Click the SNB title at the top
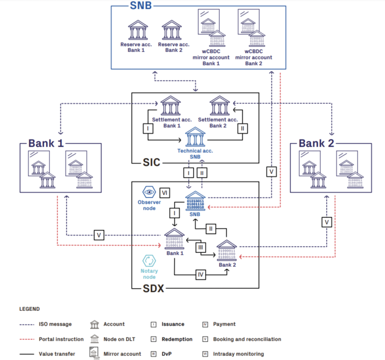click(141, 6)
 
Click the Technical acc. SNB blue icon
click(196, 137)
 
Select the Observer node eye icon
click(149, 191)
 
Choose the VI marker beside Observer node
click(164, 192)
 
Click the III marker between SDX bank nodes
click(201, 248)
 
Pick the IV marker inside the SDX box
click(201, 275)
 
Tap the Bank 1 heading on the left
click(46, 143)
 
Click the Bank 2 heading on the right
click(316, 143)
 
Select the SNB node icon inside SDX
click(195, 202)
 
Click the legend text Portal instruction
click(61, 339)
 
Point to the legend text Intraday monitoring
click(238, 354)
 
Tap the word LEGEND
click(29, 309)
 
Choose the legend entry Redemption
click(177, 339)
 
